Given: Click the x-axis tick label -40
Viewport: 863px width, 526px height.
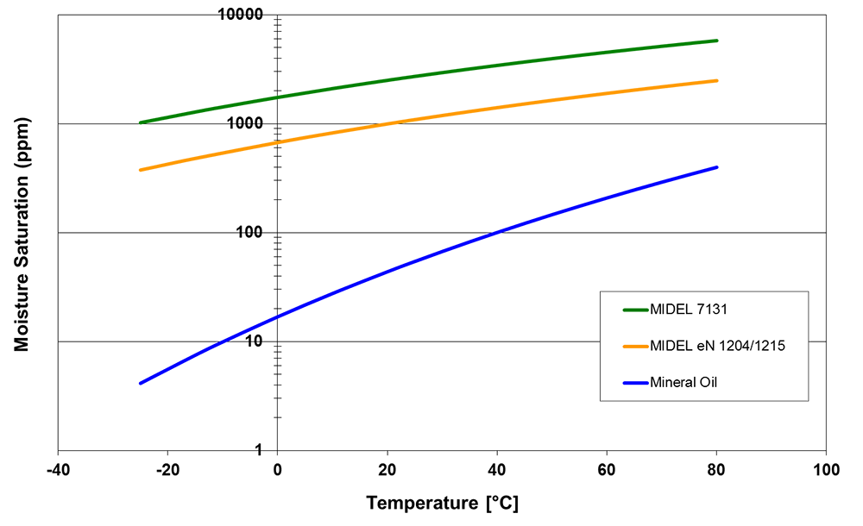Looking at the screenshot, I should (58, 472).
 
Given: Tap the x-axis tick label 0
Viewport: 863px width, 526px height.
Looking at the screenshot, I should (277, 472).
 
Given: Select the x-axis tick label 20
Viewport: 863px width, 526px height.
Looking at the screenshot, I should (387, 472).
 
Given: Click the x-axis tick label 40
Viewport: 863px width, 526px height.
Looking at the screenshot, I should (497, 472).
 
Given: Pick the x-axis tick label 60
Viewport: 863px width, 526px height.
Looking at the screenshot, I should (607, 472).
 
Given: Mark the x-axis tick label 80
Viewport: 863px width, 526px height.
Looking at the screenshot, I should (716, 472).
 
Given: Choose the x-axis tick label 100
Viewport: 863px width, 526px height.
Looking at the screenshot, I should (826, 472).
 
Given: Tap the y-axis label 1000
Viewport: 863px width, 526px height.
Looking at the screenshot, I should (246, 124).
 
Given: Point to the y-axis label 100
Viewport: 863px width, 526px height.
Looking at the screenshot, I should (249, 234).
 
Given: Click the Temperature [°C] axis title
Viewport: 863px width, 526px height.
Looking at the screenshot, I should (442, 503).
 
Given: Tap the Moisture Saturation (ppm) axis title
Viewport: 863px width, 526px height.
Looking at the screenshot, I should (22, 234).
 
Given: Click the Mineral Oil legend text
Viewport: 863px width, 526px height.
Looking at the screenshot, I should (683, 382).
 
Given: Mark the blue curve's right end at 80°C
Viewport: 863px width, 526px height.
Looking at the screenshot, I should (716, 167).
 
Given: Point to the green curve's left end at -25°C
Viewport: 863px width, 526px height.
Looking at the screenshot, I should (141, 122).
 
